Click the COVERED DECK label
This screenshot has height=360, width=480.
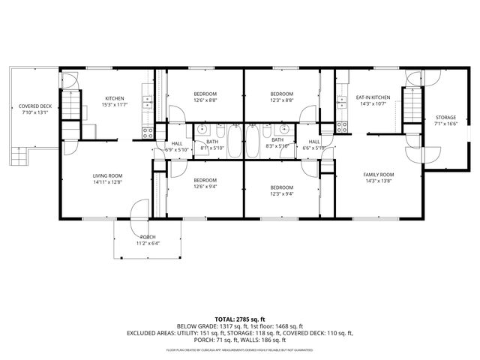[34, 109]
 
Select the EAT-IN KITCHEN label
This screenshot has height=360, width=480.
[373, 101]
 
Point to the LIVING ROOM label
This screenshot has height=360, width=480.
[107, 178]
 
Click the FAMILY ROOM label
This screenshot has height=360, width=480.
[379, 178]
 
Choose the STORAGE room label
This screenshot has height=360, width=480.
[445, 121]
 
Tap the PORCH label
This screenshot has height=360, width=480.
[148, 239]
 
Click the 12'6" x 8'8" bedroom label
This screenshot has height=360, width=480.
[205, 97]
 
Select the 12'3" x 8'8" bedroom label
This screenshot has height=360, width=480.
[282, 97]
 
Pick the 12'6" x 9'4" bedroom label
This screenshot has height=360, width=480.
[205, 183]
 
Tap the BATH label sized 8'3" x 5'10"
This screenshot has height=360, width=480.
[277, 143]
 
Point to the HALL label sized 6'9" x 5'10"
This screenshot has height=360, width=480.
[177, 145]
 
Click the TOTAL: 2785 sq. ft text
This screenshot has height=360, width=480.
[240, 319]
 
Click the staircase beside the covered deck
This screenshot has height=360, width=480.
[70, 107]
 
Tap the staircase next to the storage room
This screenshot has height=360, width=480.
[413, 108]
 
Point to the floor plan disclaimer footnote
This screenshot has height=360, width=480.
[240, 349]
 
